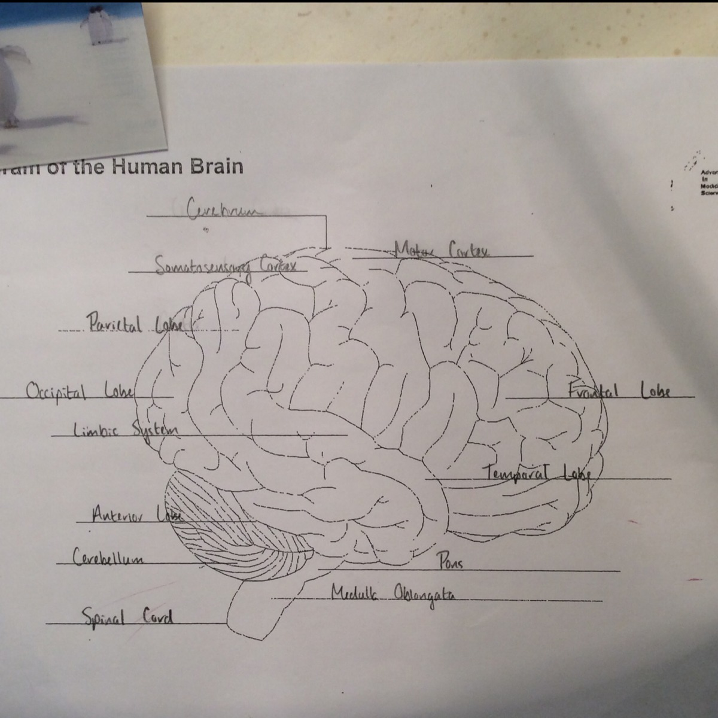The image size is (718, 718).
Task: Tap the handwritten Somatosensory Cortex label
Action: (226, 264)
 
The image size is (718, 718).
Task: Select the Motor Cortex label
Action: (442, 250)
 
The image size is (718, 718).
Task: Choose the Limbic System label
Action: (126, 430)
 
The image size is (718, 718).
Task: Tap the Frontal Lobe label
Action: (619, 391)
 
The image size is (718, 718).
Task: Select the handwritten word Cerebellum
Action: (108, 558)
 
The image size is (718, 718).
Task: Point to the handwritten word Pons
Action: (450, 562)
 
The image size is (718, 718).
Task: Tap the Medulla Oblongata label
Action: (393, 594)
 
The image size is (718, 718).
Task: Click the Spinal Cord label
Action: (127, 616)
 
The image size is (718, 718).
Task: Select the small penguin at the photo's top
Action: (99, 24)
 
